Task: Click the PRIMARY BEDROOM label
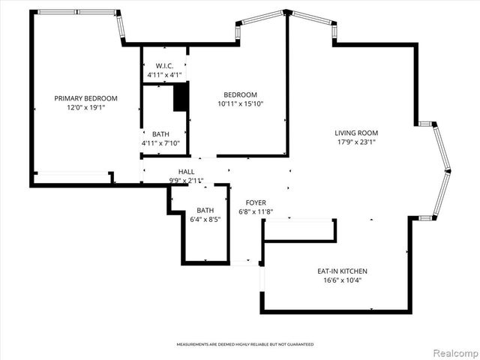point(85,98)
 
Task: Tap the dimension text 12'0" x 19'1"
point(85,107)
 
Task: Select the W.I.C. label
point(165,65)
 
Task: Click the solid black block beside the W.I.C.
point(180,97)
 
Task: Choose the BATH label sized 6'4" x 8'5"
point(205,210)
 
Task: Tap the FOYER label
point(256,202)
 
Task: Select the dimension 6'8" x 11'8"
point(256,211)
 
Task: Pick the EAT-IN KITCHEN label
point(342,271)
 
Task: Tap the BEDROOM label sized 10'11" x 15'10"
point(241,94)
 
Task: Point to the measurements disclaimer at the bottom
point(244,344)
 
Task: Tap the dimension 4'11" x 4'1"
point(165,74)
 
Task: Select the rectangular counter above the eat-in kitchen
point(300,230)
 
